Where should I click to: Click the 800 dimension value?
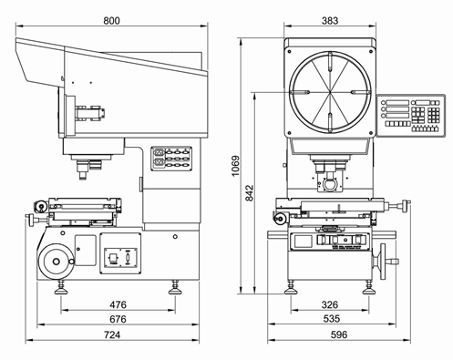coord(111,21)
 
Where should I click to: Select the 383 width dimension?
coord(330,21)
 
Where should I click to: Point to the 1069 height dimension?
coord(235,166)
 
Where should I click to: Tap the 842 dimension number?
coord(250,192)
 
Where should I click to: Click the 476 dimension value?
coord(118,304)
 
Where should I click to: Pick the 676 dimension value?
coord(118,319)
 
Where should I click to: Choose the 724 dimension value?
coord(112,334)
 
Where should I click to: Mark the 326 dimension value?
coord(330,304)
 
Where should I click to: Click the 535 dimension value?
coord(332,319)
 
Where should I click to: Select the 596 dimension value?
coord(339,334)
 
